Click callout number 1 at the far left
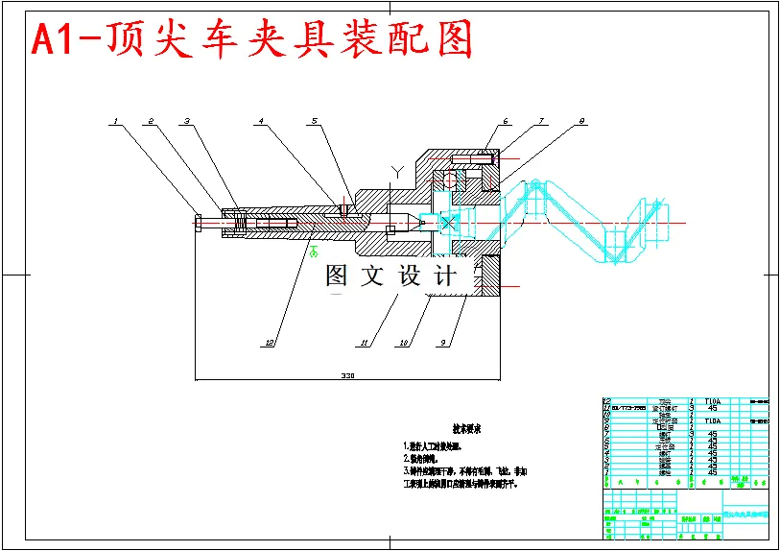pyautogui.click(x=115, y=122)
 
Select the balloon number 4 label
pyautogui.click(x=261, y=122)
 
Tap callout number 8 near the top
pyautogui.click(x=582, y=122)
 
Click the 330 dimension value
pyautogui.click(x=347, y=377)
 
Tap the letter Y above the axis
pyautogui.click(x=396, y=172)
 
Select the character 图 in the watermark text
pyautogui.click(x=338, y=276)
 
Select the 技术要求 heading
pyautogui.click(x=467, y=429)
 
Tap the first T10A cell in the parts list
pyautogui.click(x=712, y=401)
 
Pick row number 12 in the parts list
pyautogui.click(x=606, y=408)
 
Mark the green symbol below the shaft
pyautogui.click(x=313, y=251)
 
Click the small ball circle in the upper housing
pyautogui.click(x=448, y=179)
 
